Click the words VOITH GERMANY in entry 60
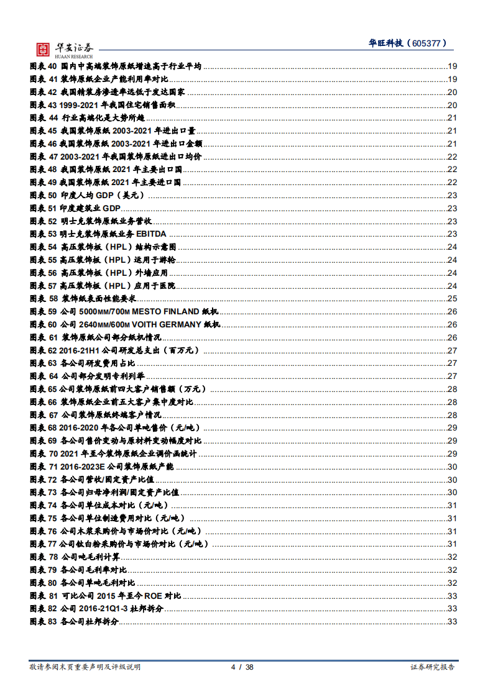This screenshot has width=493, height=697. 166,324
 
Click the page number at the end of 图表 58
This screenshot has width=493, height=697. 452,299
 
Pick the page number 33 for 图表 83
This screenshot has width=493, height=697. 452,622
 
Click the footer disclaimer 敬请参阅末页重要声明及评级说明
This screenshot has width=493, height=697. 85,667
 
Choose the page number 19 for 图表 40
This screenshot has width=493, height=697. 452,66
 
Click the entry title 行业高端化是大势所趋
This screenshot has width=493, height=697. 103,118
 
